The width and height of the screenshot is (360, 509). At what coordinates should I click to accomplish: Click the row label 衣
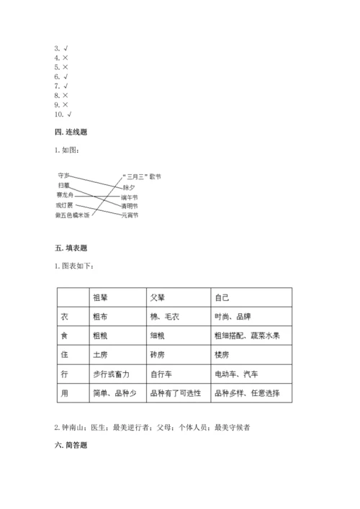click(66, 316)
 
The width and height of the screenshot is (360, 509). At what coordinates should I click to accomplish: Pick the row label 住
click(66, 355)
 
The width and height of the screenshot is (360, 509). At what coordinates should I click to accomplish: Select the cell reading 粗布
click(102, 316)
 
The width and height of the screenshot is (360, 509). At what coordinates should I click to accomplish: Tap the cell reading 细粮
click(158, 335)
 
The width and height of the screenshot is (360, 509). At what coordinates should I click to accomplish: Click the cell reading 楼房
click(222, 355)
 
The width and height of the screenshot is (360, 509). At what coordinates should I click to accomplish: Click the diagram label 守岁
click(63, 175)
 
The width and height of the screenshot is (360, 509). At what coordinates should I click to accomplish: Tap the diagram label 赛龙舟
click(66, 194)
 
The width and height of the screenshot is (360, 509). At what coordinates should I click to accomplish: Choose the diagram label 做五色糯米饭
click(73, 215)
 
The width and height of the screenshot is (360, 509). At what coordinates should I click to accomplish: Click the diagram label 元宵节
click(130, 215)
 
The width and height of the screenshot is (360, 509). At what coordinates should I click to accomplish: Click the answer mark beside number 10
click(68, 114)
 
